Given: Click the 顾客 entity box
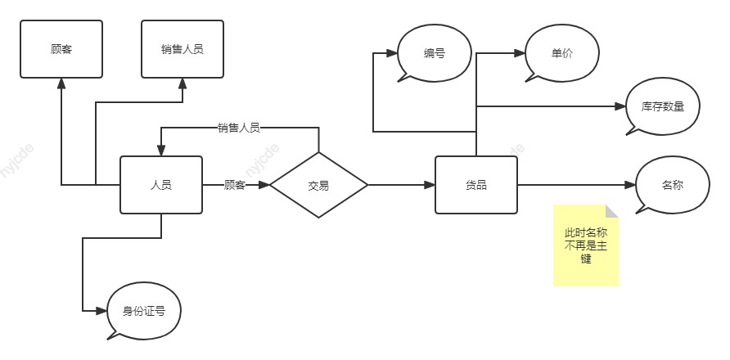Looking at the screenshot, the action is [x=61, y=49].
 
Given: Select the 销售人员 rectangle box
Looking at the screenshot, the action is [x=182, y=49].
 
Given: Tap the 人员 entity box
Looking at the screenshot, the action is [x=161, y=185].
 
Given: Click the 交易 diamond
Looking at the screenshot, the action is [x=319, y=185].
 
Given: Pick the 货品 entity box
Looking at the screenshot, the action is [x=476, y=185].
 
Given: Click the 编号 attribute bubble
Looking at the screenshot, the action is [x=435, y=53].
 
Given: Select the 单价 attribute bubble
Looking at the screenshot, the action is [x=562, y=53].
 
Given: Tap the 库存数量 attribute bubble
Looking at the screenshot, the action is [x=663, y=106].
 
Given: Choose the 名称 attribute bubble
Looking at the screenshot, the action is [x=672, y=185].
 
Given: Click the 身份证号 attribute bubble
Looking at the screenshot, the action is [x=144, y=311].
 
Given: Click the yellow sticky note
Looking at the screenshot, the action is [x=586, y=245].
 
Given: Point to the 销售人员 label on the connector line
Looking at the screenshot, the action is [x=239, y=128].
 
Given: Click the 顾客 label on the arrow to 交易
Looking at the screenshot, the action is [x=235, y=185].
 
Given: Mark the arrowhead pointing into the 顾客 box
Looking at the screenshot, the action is [x=61, y=83].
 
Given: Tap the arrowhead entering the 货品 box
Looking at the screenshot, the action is [x=430, y=185].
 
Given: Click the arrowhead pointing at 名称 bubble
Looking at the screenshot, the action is [x=630, y=185].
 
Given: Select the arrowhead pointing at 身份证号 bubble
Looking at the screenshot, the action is [x=101, y=311].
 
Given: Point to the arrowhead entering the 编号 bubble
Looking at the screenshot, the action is [x=391, y=53].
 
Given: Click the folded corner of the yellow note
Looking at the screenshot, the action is [x=612, y=211].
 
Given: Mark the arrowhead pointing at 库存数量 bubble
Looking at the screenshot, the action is [x=620, y=106].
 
